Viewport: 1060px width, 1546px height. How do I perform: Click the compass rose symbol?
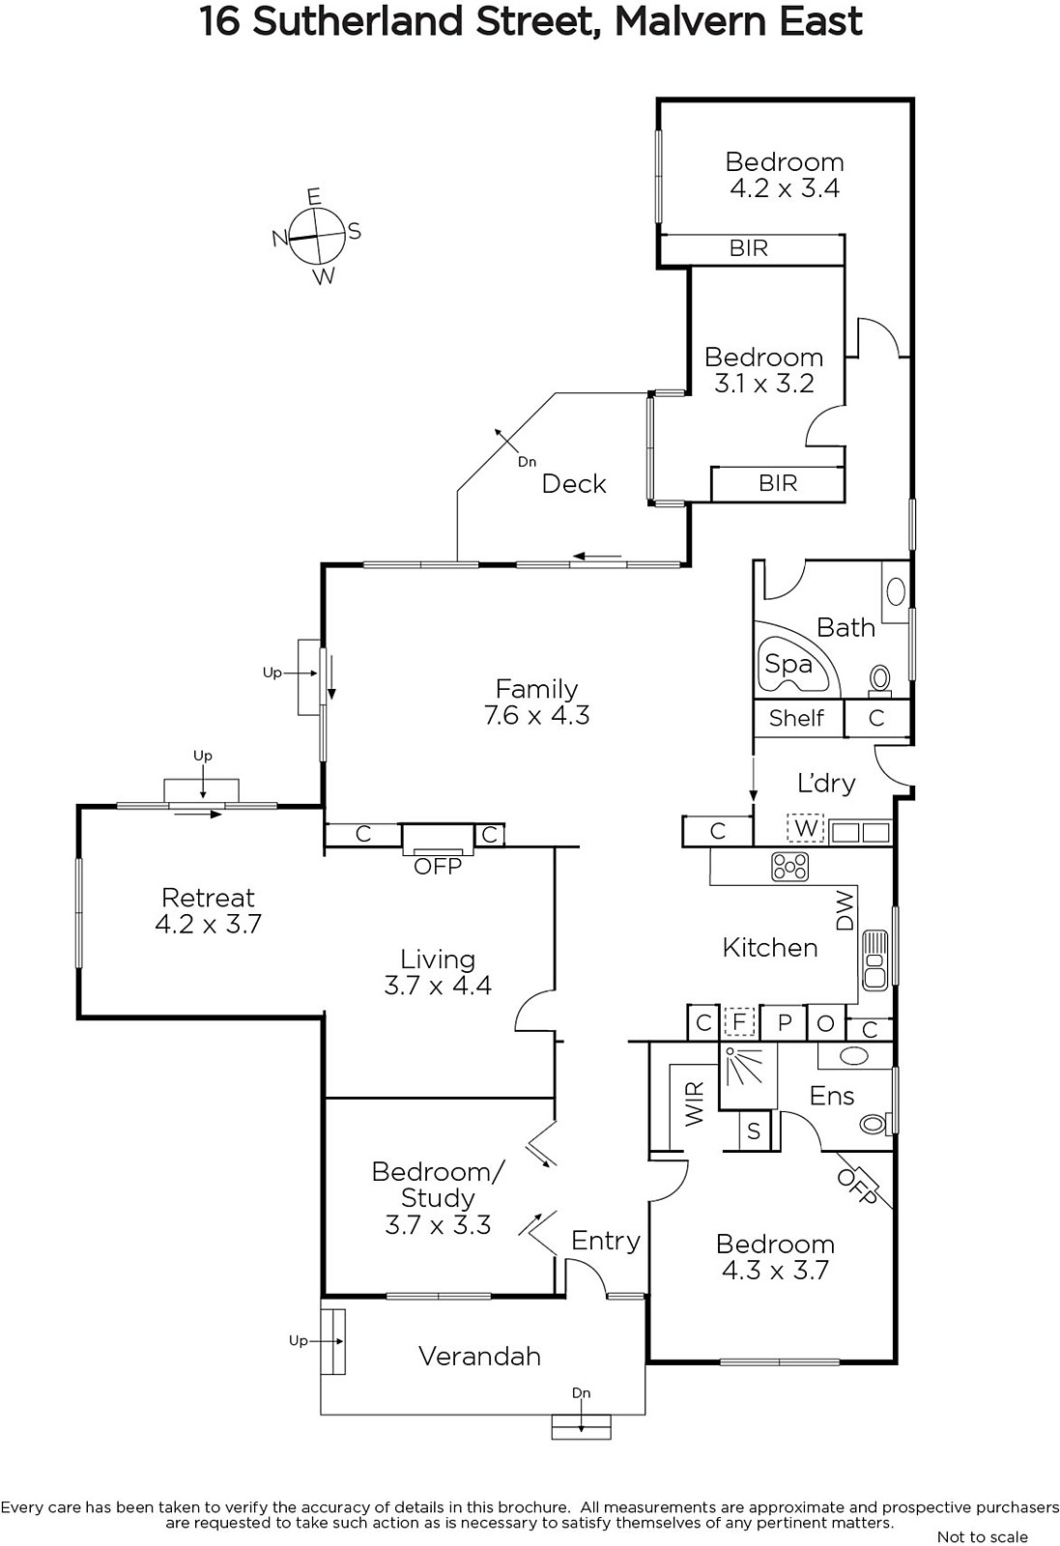[x=317, y=236]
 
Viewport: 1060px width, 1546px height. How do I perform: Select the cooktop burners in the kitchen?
[x=790, y=867]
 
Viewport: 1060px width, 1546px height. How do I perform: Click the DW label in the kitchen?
[x=845, y=910]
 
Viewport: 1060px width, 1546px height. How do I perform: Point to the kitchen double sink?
[x=874, y=959]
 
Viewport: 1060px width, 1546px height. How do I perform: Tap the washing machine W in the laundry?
[x=806, y=827]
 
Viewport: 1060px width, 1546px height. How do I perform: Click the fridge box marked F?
[x=740, y=1021]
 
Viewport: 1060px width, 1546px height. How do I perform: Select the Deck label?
[x=573, y=484]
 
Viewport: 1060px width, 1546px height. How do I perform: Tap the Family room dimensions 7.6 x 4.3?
[x=537, y=715]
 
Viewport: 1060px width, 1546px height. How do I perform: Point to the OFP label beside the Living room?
[x=438, y=866]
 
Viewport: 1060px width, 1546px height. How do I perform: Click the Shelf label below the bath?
[x=795, y=719]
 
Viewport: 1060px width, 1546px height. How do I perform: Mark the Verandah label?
[x=479, y=1357]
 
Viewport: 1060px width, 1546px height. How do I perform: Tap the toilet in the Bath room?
[x=880, y=677]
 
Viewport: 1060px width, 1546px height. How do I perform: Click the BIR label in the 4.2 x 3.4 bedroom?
[x=749, y=247]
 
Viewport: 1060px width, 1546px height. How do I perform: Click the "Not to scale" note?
[x=982, y=1536]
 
